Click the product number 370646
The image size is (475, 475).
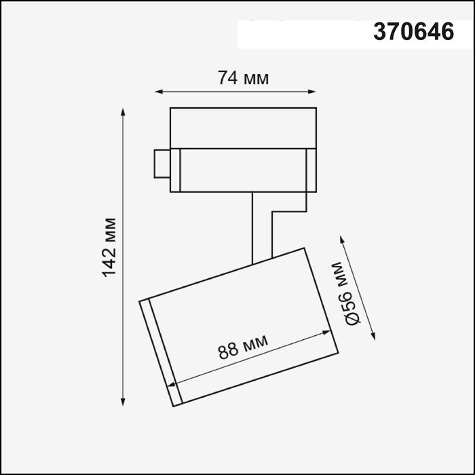click(413, 33)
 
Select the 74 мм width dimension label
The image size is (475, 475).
click(243, 79)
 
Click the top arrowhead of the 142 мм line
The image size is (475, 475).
click(123, 111)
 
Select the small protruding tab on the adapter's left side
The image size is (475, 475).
click(161, 163)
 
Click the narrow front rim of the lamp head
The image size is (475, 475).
click(161, 353)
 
